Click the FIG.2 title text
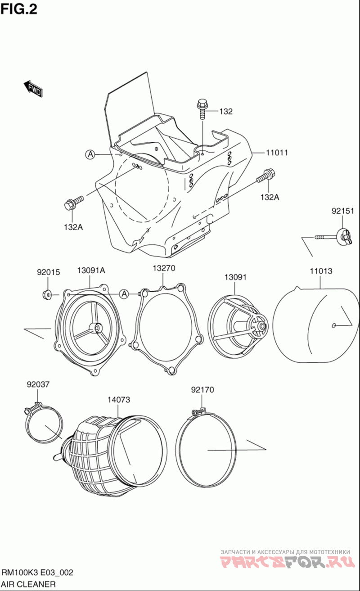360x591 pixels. tap(19, 9)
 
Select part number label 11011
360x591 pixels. tap(277, 153)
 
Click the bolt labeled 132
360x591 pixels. tap(202, 108)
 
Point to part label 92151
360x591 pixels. tap(343, 211)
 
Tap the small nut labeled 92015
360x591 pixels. tap(46, 295)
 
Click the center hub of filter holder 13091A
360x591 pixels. tap(95, 328)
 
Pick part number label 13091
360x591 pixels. tap(235, 277)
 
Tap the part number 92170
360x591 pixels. tap(202, 389)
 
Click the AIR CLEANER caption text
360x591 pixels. tap(29, 584)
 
